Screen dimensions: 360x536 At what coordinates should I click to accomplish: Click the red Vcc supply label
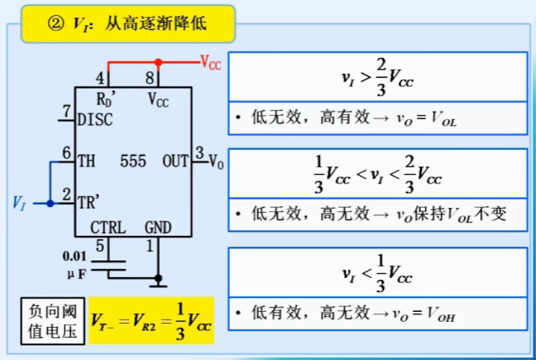pyautogui.click(x=211, y=63)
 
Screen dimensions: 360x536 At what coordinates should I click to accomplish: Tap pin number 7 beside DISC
pyautogui.click(x=67, y=111)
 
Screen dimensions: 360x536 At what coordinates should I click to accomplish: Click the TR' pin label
pyautogui.click(x=87, y=202)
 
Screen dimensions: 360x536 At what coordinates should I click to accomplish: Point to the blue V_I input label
pyautogui.click(x=20, y=203)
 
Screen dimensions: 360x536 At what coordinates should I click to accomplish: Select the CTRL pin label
pyautogui.click(x=107, y=226)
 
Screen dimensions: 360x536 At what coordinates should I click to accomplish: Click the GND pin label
pyautogui.click(x=158, y=226)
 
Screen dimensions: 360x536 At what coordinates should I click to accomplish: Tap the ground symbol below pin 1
pyautogui.click(x=158, y=280)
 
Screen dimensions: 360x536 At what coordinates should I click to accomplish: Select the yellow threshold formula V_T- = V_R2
pyautogui.click(x=151, y=320)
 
